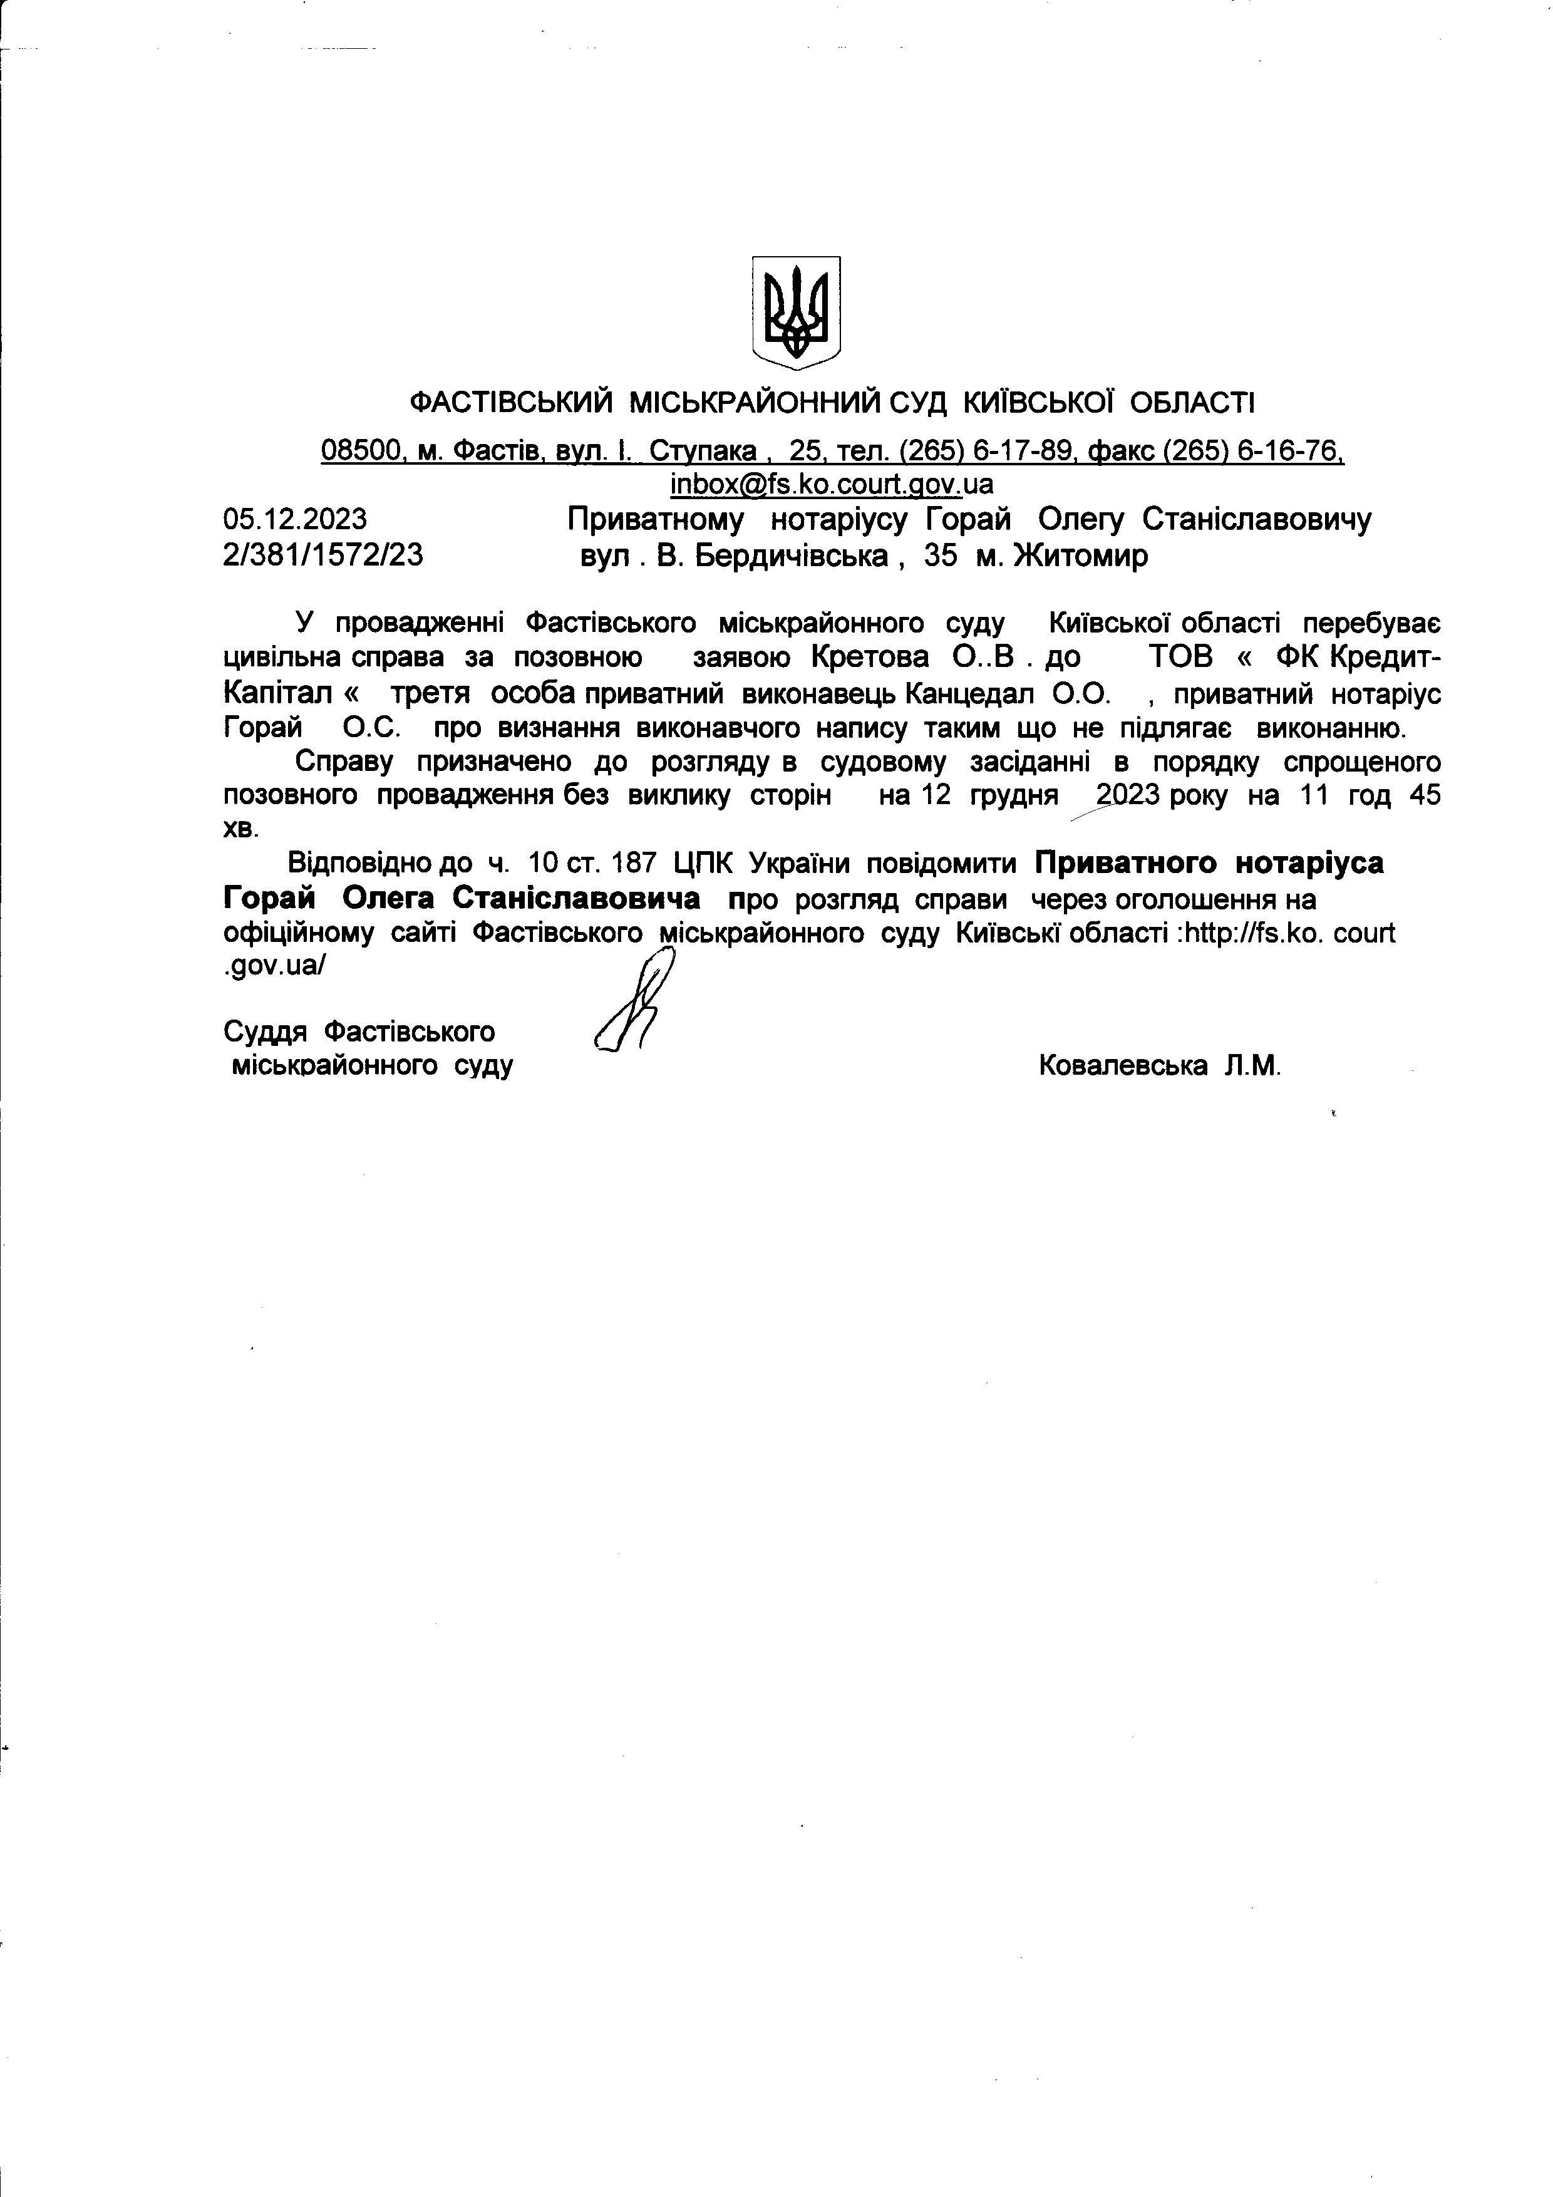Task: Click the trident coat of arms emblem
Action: [795, 312]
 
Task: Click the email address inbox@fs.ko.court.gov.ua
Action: [830, 483]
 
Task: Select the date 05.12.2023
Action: [295, 520]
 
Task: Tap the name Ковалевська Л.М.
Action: [1158, 1065]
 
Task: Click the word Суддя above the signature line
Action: [265, 1031]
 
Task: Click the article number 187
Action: [634, 863]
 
